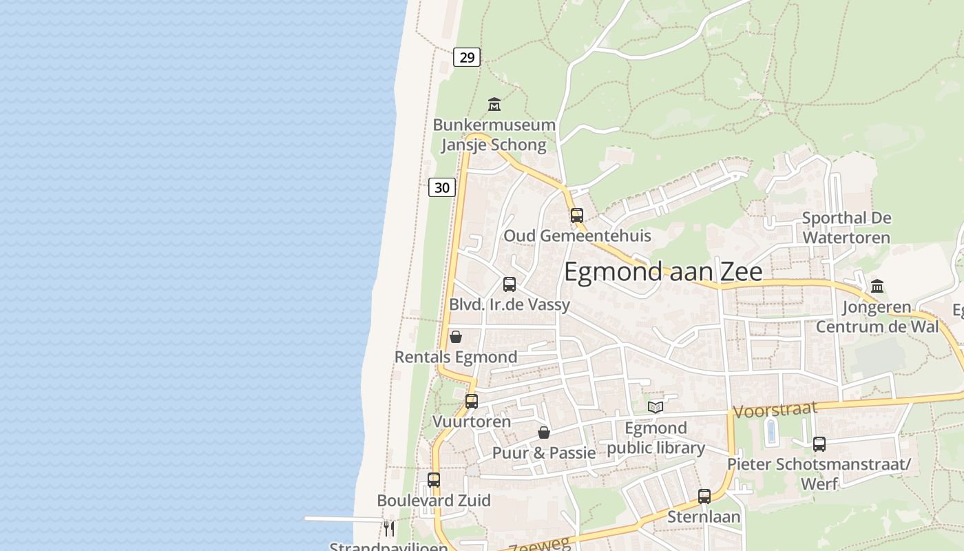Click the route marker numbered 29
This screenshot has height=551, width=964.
pos(467,57)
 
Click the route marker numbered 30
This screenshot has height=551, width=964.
pos(442,187)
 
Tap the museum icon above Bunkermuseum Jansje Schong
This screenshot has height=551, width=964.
pos(494,105)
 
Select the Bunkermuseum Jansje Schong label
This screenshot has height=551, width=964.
pos(494,135)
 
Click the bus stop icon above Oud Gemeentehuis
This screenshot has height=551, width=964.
pos(577,216)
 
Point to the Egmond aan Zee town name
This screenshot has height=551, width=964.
pos(663,271)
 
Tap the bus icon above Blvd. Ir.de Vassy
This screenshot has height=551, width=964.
pos(510,284)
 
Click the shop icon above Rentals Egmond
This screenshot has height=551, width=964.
pos(455,337)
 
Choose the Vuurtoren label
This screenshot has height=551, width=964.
pos(472,422)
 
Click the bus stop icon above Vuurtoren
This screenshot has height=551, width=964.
pos(472,401)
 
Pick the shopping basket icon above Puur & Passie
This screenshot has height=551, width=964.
pos(544,433)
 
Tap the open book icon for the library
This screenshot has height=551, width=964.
pos(656,407)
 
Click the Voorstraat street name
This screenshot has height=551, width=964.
pos(775,410)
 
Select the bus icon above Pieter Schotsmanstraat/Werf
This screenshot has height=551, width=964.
pos(819,444)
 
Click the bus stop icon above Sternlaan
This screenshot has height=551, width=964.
pos(704,496)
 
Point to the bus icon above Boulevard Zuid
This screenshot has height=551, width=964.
pos(434,480)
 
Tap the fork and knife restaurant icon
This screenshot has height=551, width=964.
pos(389,528)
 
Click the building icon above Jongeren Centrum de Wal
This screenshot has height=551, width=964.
pos(877,286)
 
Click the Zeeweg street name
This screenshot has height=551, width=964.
pos(540,545)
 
